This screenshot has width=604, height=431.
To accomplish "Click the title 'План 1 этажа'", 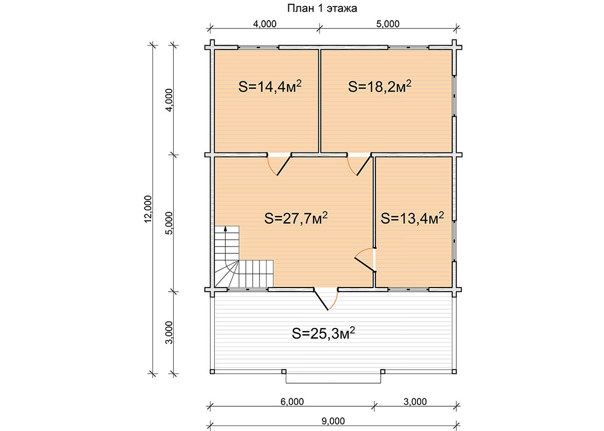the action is click(x=322, y=8).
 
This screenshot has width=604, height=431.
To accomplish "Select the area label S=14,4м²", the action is click(x=269, y=86).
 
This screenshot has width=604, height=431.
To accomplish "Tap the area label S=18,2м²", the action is click(x=380, y=86).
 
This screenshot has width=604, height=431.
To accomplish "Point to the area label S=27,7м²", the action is click(x=296, y=218).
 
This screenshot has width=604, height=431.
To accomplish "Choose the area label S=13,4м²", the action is click(x=412, y=218).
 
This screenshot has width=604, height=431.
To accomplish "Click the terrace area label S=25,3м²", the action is click(x=323, y=333).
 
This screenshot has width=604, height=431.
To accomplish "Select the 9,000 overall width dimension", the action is click(x=333, y=421).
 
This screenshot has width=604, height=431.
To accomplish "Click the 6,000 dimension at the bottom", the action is click(x=292, y=402).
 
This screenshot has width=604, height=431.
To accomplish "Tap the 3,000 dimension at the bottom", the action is click(x=415, y=402).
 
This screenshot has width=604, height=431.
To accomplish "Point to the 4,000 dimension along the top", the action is click(x=265, y=24).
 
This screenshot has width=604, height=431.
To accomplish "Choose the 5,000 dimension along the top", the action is click(x=388, y=24).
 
